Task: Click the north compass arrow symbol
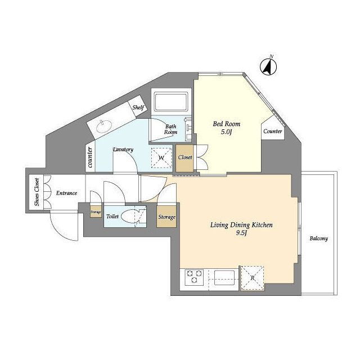[268, 66]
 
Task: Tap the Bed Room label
[226, 124]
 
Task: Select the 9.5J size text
[241, 233]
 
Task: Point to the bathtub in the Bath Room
[171, 102]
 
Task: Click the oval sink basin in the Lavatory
[104, 127]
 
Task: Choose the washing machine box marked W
[161, 158]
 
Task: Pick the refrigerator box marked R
[253, 278]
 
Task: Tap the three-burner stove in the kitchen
[194, 277]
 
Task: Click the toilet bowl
[130, 217]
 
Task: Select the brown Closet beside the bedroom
[185, 158]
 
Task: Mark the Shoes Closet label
[37, 192]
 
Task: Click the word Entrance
[66, 193]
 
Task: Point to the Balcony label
[319, 238]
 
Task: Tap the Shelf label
[138, 107]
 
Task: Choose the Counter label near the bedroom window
[272, 131]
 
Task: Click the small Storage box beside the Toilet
[96, 211]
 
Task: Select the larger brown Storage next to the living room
[166, 217]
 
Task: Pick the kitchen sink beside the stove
[224, 277]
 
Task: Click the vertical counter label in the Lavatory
[90, 157]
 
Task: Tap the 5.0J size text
[226, 132]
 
